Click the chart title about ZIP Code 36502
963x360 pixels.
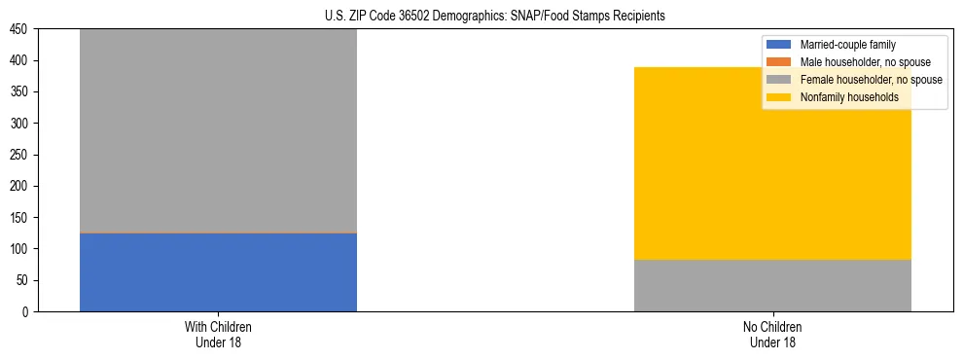pyautogui.click(x=495, y=17)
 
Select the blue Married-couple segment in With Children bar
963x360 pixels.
pyautogui.click(x=218, y=272)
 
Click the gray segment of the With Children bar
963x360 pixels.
pyautogui.click(x=218, y=130)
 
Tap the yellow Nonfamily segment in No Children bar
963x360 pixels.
pyautogui.click(x=772, y=163)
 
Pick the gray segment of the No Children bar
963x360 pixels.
pyautogui.click(x=772, y=285)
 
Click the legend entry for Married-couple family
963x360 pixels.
pyautogui.click(x=847, y=45)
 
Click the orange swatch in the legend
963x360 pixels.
pyautogui.click(x=780, y=62)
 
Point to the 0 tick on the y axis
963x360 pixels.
pyautogui.click(x=27, y=312)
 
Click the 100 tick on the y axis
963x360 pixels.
pyautogui.click(x=21, y=249)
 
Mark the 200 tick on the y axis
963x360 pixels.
pyautogui.click(x=21, y=187)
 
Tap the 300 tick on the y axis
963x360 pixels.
pyautogui.click(x=21, y=124)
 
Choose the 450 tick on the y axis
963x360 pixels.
pyautogui.click(x=21, y=30)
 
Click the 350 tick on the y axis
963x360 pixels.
pyautogui.click(x=21, y=92)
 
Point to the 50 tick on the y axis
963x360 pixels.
pyautogui.click(x=24, y=280)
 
